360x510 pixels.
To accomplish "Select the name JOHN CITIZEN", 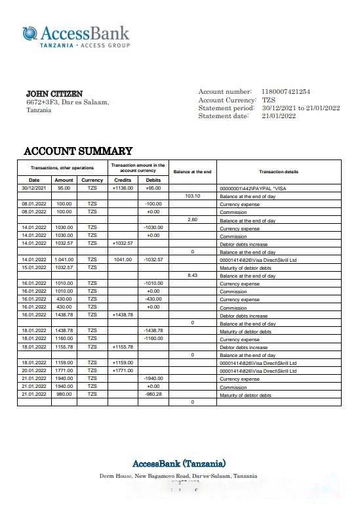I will coord(54,94).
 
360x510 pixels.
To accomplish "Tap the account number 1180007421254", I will coord(286,92).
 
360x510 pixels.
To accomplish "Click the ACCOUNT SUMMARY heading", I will coord(78,151).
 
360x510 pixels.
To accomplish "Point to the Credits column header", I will coord(123,180).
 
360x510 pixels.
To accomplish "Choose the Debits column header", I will coord(153,180).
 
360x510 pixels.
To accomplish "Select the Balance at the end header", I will coord(192,172).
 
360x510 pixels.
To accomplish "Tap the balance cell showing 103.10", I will coord(192,196).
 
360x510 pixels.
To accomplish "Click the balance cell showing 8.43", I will coord(192,276).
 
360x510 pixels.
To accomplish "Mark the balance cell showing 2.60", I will coord(192,219).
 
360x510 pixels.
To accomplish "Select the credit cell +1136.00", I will coord(123,188).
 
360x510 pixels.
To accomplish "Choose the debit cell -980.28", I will coord(153,394).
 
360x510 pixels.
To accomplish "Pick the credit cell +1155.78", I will coord(123,347).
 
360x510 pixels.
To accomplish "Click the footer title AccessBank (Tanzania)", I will coord(179,463).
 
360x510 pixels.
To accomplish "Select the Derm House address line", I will coord(178,476).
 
